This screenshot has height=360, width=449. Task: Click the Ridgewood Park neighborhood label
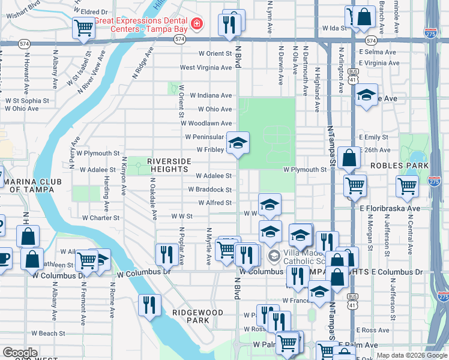coord(197,316)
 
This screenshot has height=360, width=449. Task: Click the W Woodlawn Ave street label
coord(206,123)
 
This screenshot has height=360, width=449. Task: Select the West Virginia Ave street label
coord(206,68)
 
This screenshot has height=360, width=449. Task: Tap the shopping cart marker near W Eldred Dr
coord(83,27)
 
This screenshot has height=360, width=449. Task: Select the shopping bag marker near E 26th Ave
coord(349,158)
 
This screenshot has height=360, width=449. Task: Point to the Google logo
coord(20,353)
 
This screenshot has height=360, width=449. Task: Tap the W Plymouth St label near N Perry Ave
coord(99,154)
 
